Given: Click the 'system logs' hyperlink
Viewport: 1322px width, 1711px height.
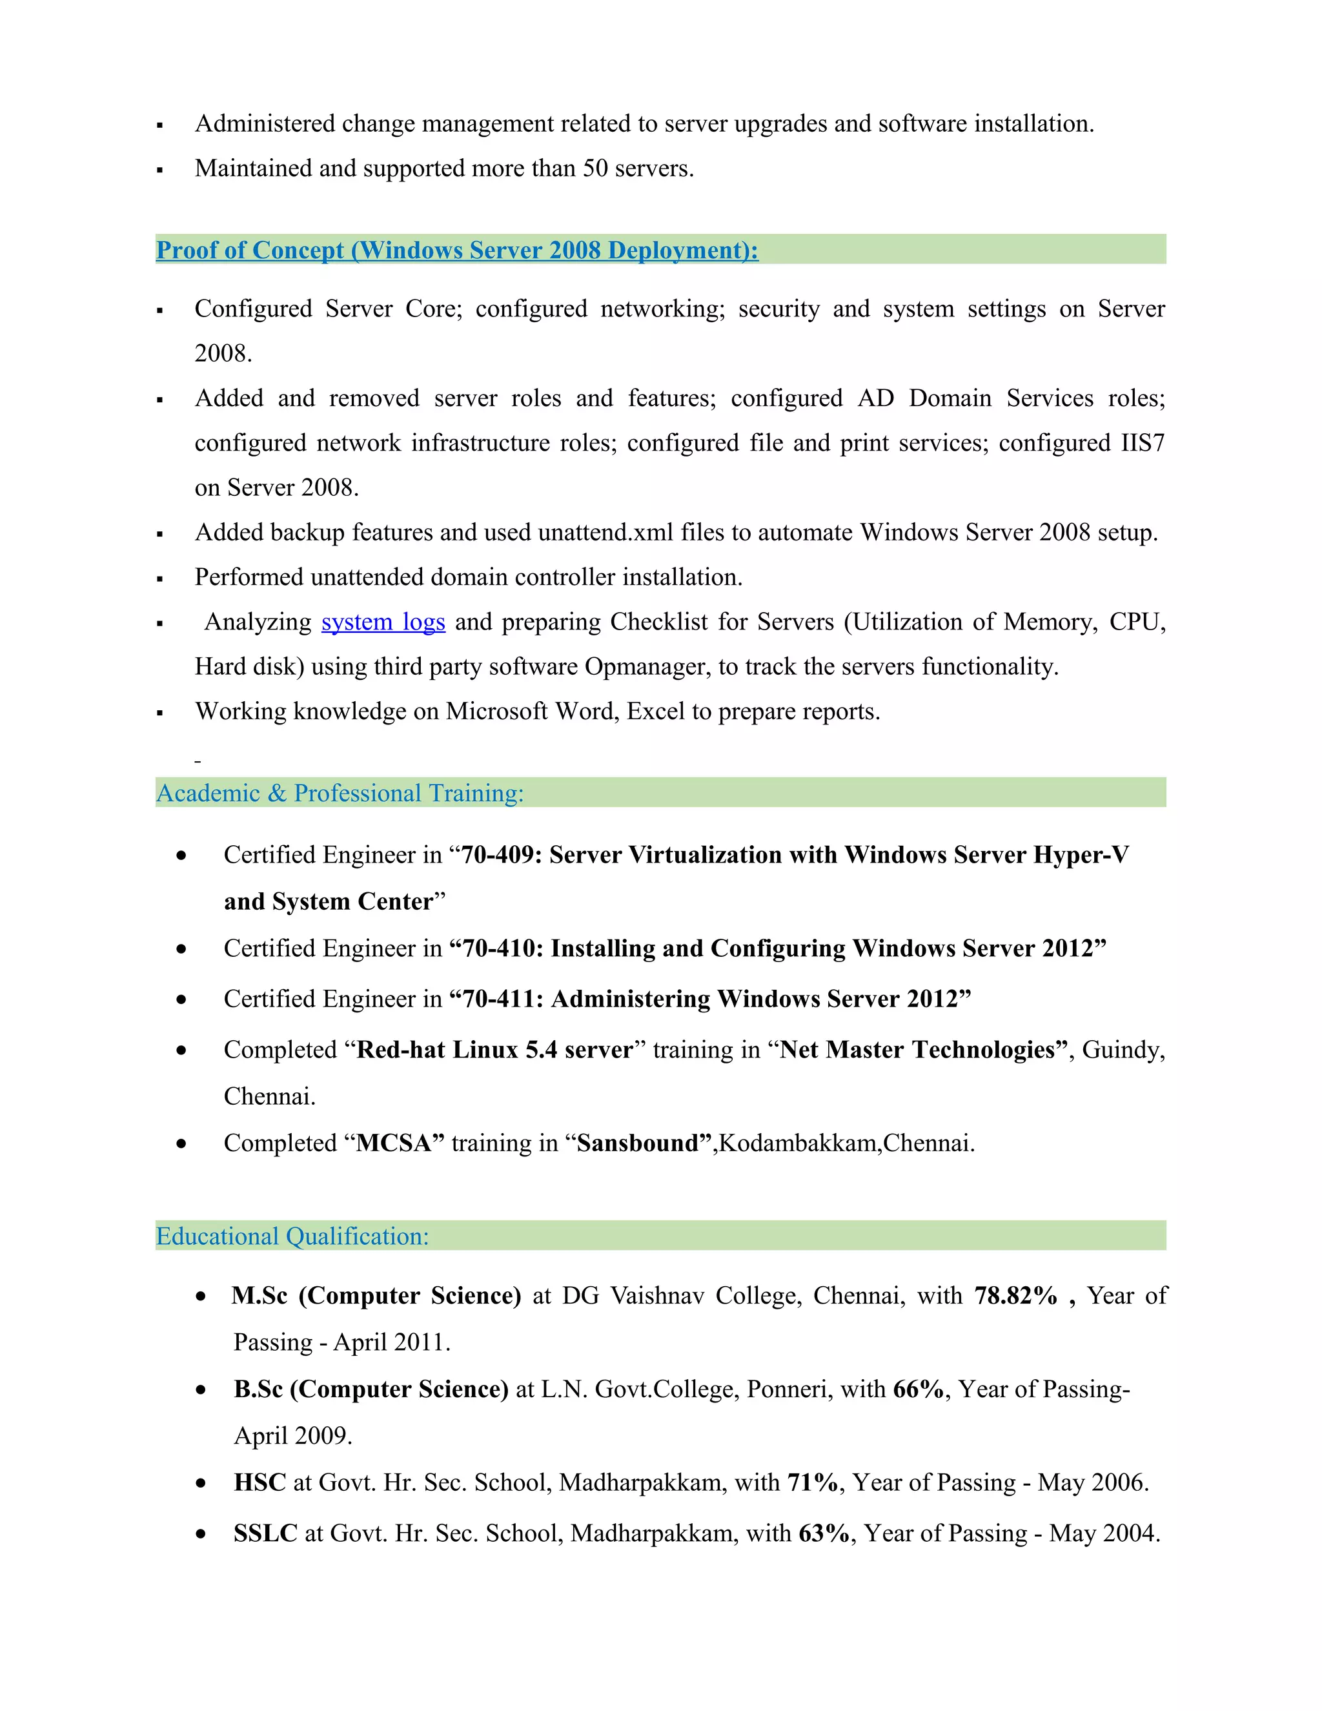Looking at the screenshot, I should pos(383,622).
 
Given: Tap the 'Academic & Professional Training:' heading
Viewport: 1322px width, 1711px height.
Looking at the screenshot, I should pos(340,793).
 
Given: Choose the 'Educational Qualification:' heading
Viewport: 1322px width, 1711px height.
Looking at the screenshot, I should pos(292,1236).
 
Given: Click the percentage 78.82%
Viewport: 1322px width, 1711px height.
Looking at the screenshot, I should pos(1016,1296).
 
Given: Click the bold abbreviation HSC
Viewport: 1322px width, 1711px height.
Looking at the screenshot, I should pos(260,1482).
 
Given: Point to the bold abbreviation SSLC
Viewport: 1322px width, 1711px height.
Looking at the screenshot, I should pos(265,1533).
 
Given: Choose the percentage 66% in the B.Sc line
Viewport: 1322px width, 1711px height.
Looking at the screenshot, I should pos(919,1389).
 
